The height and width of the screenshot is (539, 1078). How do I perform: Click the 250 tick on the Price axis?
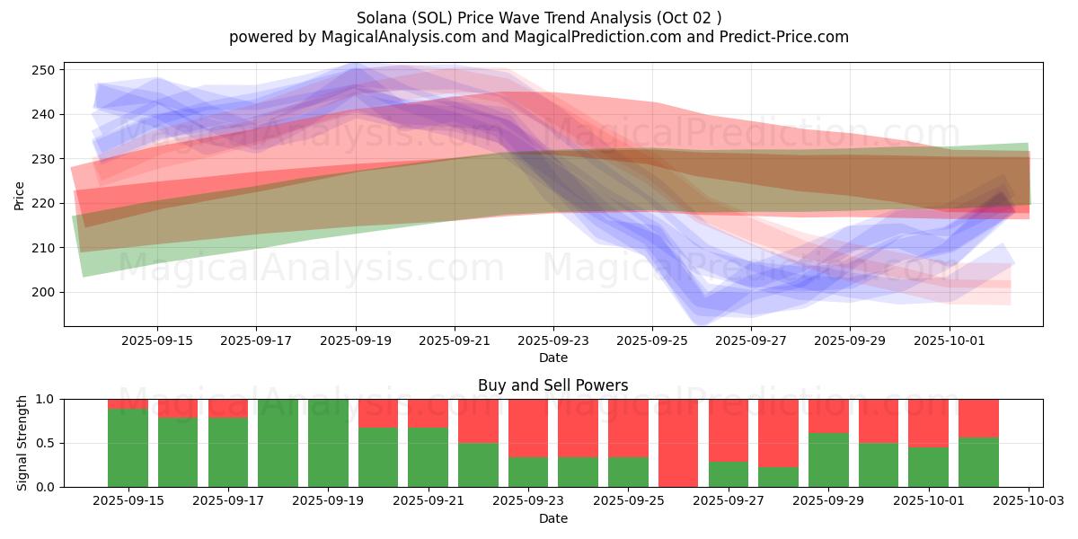(x=45, y=70)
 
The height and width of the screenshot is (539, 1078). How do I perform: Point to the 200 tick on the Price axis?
(x=45, y=292)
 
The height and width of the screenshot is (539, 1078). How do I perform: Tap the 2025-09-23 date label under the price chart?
(x=553, y=340)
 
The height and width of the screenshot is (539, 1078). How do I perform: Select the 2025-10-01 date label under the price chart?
(x=950, y=340)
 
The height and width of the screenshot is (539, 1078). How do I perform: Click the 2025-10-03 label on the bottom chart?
(x=1028, y=501)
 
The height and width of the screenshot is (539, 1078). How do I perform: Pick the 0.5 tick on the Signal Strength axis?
(x=46, y=443)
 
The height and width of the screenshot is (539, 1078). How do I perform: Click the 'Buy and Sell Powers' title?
(x=552, y=385)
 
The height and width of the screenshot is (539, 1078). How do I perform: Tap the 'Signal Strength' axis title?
(x=22, y=443)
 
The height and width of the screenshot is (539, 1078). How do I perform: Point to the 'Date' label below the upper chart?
(x=552, y=358)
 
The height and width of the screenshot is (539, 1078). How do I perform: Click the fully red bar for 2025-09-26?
(x=677, y=443)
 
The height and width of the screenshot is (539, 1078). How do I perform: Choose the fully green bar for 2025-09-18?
(x=278, y=443)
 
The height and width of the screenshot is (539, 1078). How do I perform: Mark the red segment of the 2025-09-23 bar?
(x=528, y=428)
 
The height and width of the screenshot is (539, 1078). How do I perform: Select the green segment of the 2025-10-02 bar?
(x=978, y=462)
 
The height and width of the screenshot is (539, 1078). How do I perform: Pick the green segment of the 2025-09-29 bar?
(x=828, y=460)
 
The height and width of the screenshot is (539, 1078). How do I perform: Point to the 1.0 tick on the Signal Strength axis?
(x=46, y=399)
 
